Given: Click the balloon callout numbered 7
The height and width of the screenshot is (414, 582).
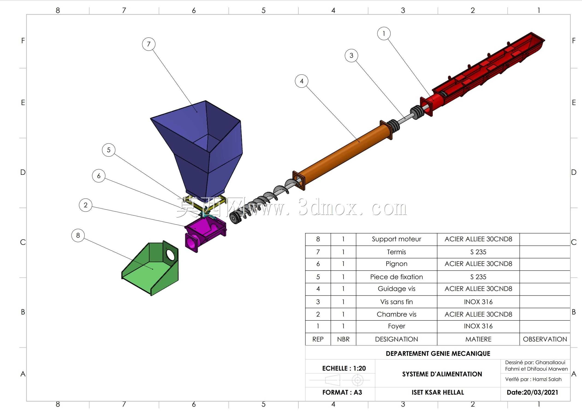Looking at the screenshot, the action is pyautogui.click(x=149, y=44).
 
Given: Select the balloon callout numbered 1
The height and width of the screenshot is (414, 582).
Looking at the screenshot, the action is pyautogui.click(x=384, y=33).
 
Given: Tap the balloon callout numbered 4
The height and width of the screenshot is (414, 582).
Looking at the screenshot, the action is pyautogui.click(x=302, y=81).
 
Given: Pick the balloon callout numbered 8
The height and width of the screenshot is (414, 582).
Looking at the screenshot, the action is pyautogui.click(x=78, y=235).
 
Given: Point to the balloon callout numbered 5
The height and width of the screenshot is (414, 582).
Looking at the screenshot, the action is pyautogui.click(x=109, y=150).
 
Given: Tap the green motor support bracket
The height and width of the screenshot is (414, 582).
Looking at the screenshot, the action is pyautogui.click(x=150, y=269).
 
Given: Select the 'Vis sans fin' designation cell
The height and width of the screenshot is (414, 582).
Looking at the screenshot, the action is pyautogui.click(x=396, y=302).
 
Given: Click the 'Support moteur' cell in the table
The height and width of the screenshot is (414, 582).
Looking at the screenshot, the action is pyautogui.click(x=396, y=239).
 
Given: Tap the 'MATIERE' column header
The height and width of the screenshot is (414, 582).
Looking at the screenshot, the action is pyautogui.click(x=478, y=339).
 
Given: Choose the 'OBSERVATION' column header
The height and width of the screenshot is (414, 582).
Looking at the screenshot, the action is pyautogui.click(x=545, y=339).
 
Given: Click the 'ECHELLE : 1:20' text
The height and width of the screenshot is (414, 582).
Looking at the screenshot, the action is pyautogui.click(x=344, y=368).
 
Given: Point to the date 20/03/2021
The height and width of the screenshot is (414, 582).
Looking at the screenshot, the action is pyautogui.click(x=541, y=392).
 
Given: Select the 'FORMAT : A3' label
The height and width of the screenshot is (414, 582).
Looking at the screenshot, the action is pyautogui.click(x=342, y=392).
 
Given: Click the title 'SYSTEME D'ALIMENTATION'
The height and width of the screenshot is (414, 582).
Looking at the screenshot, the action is pyautogui.click(x=442, y=374).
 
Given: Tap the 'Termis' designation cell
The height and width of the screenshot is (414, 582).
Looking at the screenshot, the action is pyautogui.click(x=396, y=252).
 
